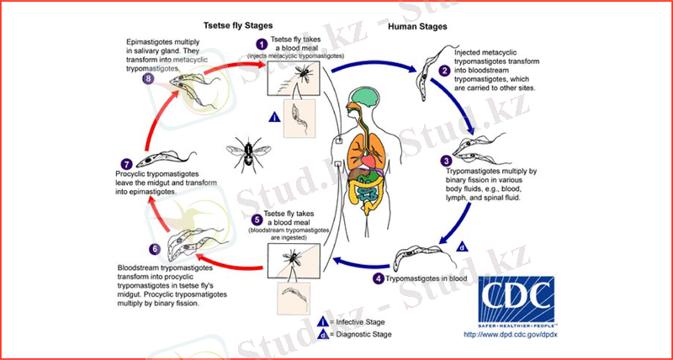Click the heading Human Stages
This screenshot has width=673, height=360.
(x=418, y=26)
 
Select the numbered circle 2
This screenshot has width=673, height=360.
(x=445, y=71)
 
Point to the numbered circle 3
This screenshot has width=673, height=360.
(x=447, y=161)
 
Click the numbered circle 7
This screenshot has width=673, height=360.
(x=127, y=164)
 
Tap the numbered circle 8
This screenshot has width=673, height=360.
(x=148, y=79)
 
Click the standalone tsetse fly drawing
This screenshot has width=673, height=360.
(x=246, y=156)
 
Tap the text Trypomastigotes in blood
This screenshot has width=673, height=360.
(x=426, y=278)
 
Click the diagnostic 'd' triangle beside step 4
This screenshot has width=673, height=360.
(x=463, y=246)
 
